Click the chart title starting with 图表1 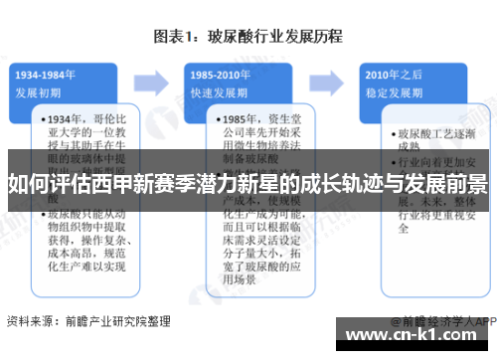pyautogui.click(x=248, y=37)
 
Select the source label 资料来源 pyautogui.click(x=27, y=321)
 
